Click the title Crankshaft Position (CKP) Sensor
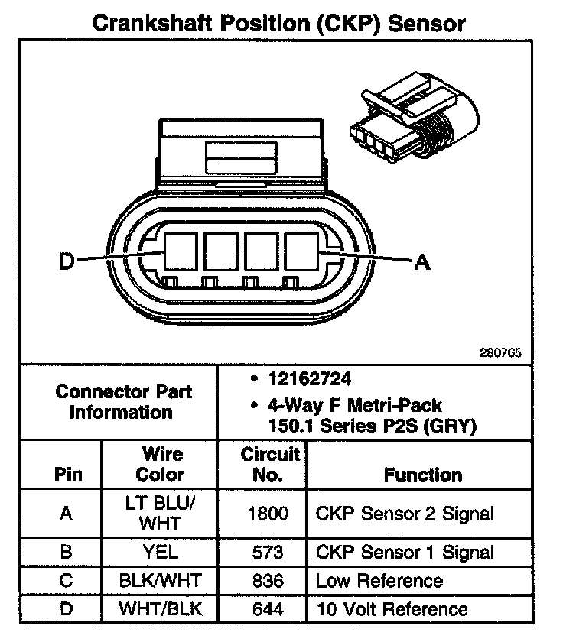pos(278,22)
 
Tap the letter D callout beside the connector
pos(67,261)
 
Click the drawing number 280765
pos(500,354)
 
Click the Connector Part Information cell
pos(123,402)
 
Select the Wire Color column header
pos(160,464)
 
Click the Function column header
pos(423,475)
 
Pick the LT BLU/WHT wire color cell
pos(160,514)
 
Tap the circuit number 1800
pos(268,514)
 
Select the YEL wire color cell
pos(160,552)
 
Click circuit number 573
pos(268,552)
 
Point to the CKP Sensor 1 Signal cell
pos(405,552)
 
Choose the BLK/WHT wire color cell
pos(160,581)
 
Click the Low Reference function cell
pos(379,581)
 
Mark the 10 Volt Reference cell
pos(392,609)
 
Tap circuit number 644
pos(268,609)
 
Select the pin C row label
pos(67,581)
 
